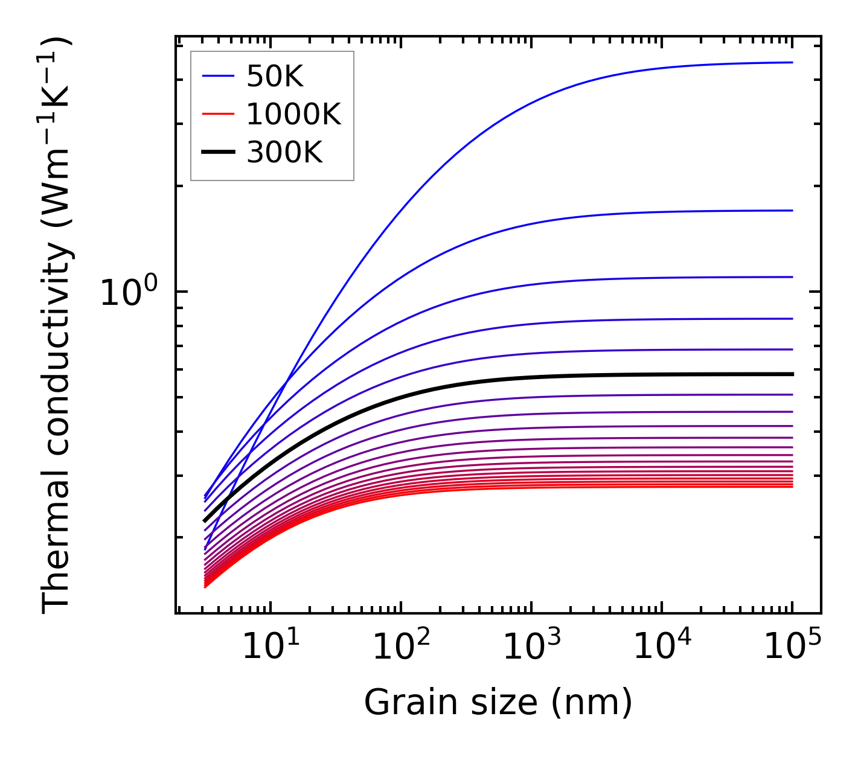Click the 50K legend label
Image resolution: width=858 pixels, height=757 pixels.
tap(275, 76)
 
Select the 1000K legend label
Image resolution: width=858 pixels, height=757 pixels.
tap(293, 114)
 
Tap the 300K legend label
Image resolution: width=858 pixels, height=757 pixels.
tap(284, 153)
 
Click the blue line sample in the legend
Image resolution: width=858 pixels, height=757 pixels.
tap(217, 76)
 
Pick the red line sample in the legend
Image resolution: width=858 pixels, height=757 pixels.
tap(217, 114)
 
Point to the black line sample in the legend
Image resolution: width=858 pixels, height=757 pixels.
tap(217, 153)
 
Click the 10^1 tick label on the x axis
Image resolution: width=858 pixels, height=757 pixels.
tap(270, 647)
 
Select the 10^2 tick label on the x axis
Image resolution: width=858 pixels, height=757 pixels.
tap(401, 647)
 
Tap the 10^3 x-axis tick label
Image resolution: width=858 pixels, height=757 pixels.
tap(531, 647)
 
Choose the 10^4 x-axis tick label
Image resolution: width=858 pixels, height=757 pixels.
tap(662, 647)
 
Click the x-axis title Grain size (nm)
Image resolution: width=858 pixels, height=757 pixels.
tap(498, 703)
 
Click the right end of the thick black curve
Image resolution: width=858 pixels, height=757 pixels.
tap(792, 374)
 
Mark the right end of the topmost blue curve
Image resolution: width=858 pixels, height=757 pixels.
tap(792, 62)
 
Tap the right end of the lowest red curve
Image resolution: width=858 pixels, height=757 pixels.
tap(792, 486)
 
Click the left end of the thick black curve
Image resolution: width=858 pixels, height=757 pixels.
tap(205, 520)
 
